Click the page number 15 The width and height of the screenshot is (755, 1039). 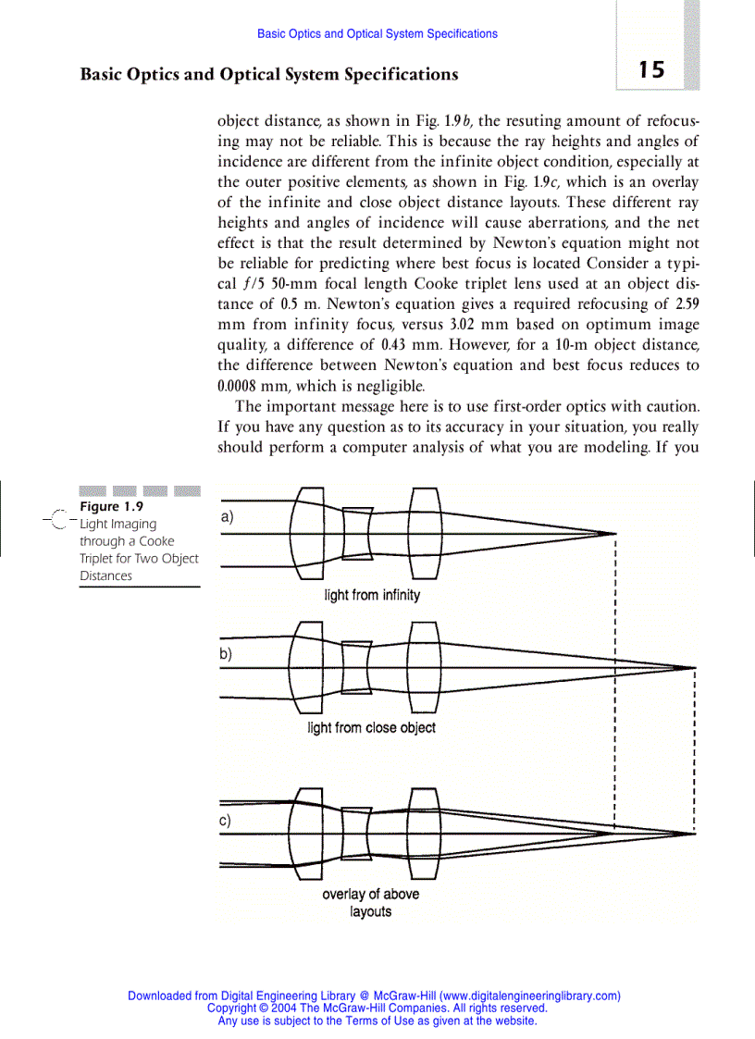[650, 70]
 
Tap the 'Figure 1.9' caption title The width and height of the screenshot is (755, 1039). [112, 506]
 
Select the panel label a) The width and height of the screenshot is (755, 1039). [227, 518]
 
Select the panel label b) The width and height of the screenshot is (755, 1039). [227, 653]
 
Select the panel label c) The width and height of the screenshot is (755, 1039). [227, 820]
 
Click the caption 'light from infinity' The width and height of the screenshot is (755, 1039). [372, 595]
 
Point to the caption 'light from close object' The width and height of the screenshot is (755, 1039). [371, 728]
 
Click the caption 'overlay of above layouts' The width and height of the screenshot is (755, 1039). [370, 903]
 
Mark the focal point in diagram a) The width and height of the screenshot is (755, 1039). [615, 534]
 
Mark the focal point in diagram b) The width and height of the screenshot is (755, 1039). [695, 667]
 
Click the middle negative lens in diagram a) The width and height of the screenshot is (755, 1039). [357, 533]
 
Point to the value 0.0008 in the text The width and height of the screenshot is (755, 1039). [242, 386]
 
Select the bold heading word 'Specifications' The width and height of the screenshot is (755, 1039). [400, 74]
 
